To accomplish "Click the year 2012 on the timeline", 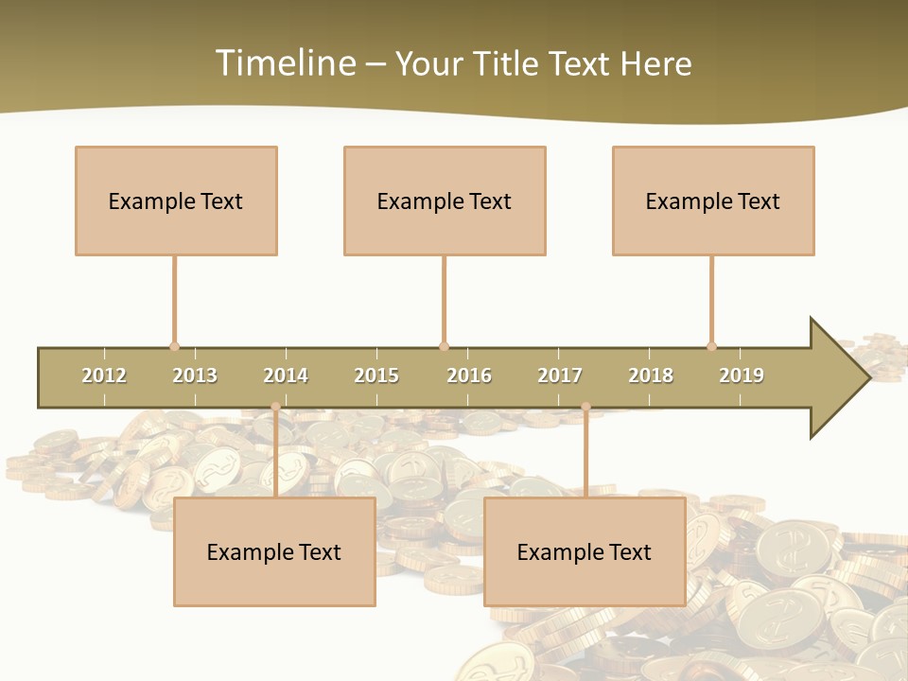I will click(104, 375).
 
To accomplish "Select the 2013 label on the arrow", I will click(195, 375).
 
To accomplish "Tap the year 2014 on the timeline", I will click(286, 375).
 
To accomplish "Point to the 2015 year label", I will click(376, 375).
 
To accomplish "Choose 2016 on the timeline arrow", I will click(469, 375).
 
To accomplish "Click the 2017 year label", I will click(560, 375).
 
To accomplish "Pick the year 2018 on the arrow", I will click(651, 375).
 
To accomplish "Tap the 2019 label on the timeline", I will click(742, 375).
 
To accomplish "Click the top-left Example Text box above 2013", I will click(176, 201).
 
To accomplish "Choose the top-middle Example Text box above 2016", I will click(445, 201).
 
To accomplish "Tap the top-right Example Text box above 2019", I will click(713, 201).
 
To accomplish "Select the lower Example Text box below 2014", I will click(274, 551).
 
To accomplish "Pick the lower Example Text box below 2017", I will click(585, 551).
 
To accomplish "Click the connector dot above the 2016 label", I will click(444, 346).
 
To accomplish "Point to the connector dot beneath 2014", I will click(275, 407).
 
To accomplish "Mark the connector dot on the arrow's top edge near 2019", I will click(711, 346).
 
